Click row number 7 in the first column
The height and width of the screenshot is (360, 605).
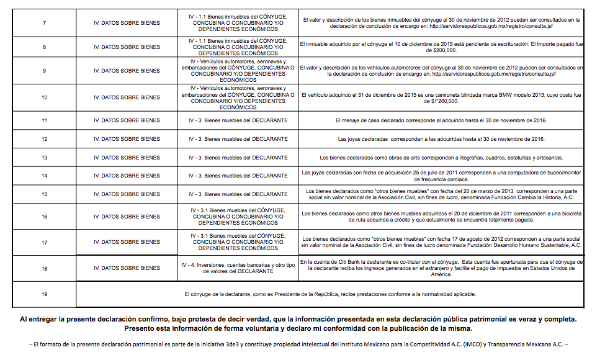coord(44,23)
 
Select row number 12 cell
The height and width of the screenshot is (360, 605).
coord(44,139)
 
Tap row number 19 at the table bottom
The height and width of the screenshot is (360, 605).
coord(44,294)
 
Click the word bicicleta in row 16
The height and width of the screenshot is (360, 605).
coord(568,214)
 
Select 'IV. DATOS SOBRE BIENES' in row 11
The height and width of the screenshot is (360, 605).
coord(127,120)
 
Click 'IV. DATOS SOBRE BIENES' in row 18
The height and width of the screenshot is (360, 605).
coord(127,268)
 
